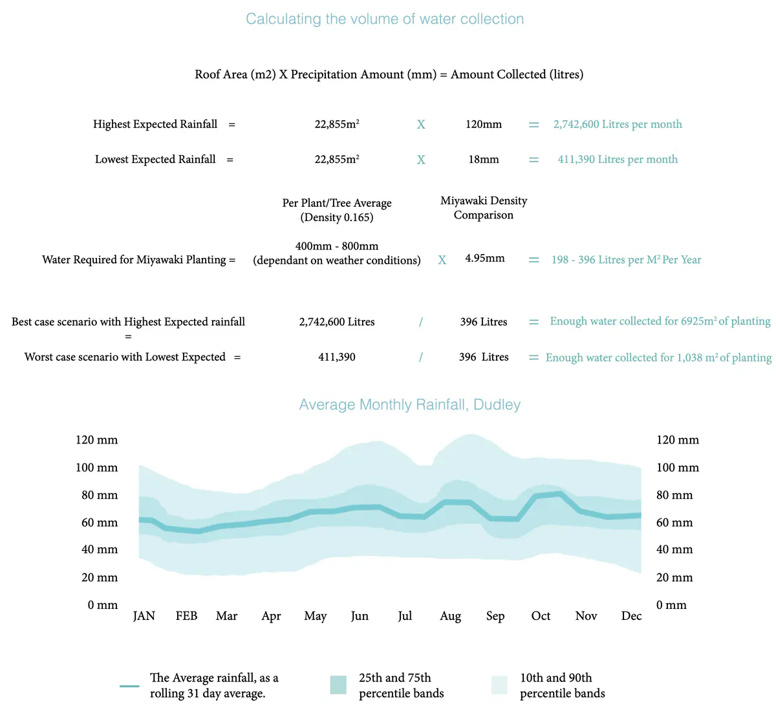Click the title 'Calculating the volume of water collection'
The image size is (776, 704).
(x=385, y=19)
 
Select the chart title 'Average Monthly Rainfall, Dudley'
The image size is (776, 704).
(x=409, y=405)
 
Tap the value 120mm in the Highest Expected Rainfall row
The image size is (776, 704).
(x=483, y=124)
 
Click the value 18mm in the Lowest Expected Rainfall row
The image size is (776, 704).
(x=483, y=160)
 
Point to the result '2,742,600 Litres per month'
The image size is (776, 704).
(x=617, y=124)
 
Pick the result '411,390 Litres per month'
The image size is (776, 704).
(x=617, y=160)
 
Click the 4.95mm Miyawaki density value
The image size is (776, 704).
(x=484, y=259)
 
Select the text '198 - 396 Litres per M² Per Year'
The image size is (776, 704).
(x=625, y=260)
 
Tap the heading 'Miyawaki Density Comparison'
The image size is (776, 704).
(x=483, y=208)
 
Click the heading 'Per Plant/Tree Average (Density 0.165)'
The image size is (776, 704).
(x=337, y=210)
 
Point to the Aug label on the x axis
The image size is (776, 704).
(x=450, y=616)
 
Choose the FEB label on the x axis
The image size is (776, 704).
(x=186, y=616)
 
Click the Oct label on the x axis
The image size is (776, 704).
(x=541, y=616)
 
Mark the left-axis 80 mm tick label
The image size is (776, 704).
(x=100, y=495)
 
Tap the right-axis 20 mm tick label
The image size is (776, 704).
(x=674, y=577)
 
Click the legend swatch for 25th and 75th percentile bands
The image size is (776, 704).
(x=338, y=685)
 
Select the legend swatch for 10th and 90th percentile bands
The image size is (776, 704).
(x=499, y=685)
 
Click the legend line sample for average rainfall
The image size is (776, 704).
(x=129, y=686)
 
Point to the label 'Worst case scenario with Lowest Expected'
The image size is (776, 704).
(x=125, y=357)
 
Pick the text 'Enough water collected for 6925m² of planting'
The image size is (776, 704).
(x=660, y=321)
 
